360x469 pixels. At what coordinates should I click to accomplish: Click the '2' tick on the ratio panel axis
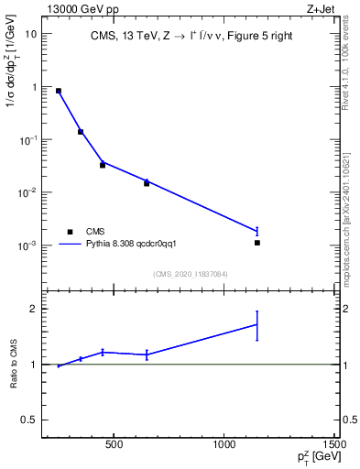(34, 309)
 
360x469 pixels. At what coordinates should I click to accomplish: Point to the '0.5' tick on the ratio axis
(30, 420)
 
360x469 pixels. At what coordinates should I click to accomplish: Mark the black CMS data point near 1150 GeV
(257, 243)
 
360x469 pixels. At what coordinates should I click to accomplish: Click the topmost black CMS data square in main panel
(59, 91)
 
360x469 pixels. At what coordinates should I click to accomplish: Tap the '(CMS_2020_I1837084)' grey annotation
(191, 273)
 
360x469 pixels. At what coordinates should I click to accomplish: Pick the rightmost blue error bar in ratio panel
(257, 325)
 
